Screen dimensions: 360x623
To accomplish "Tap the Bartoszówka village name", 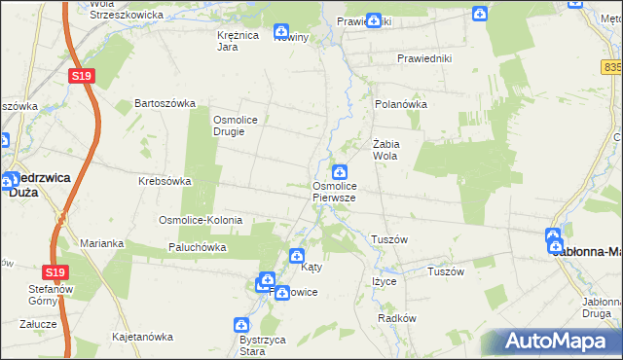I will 165,103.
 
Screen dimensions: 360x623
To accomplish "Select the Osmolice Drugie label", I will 234,126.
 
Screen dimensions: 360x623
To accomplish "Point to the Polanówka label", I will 401,103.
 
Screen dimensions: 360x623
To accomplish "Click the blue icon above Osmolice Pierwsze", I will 340,172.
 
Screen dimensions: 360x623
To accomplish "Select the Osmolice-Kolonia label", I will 201,221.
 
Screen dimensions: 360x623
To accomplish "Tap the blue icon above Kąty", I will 298,256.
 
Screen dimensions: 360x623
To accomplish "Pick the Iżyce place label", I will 384,281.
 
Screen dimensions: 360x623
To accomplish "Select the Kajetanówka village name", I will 142,337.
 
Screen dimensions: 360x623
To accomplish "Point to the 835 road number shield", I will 612,67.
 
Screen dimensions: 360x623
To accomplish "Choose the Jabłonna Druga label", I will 594,308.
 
